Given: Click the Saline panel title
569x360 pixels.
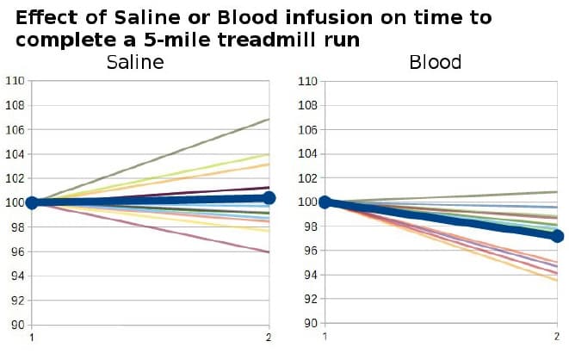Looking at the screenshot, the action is click(135, 62).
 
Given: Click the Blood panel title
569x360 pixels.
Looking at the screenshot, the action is click(435, 62).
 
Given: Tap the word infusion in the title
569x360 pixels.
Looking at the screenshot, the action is click(329, 17).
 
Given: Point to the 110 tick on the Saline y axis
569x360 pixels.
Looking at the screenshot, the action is click(15, 80).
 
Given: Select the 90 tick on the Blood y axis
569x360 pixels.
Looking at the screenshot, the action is click(311, 323).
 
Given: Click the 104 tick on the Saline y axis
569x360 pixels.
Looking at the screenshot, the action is click(15, 154).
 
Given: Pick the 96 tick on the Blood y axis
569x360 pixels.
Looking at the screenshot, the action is click(311, 251).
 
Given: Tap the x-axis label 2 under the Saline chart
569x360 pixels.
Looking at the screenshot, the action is click(269, 338).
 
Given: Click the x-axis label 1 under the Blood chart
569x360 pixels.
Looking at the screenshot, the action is click(325, 337).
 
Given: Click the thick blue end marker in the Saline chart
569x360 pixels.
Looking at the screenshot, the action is click(269, 198).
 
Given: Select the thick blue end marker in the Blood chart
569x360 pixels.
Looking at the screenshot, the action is click(557, 237).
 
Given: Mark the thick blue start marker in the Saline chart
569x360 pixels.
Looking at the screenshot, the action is click(32, 203).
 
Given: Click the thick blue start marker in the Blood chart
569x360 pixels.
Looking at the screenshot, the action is click(325, 202).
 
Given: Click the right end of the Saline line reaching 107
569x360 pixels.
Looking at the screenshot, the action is click(269, 119).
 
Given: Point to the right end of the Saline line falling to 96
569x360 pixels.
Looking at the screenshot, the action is click(269, 251).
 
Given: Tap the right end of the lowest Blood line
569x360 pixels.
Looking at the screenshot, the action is click(557, 280).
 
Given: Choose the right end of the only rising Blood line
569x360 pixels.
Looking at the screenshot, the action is click(557, 191).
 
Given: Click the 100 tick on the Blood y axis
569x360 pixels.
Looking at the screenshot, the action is click(307, 202).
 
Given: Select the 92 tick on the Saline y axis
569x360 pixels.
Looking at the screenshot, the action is click(18, 301).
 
